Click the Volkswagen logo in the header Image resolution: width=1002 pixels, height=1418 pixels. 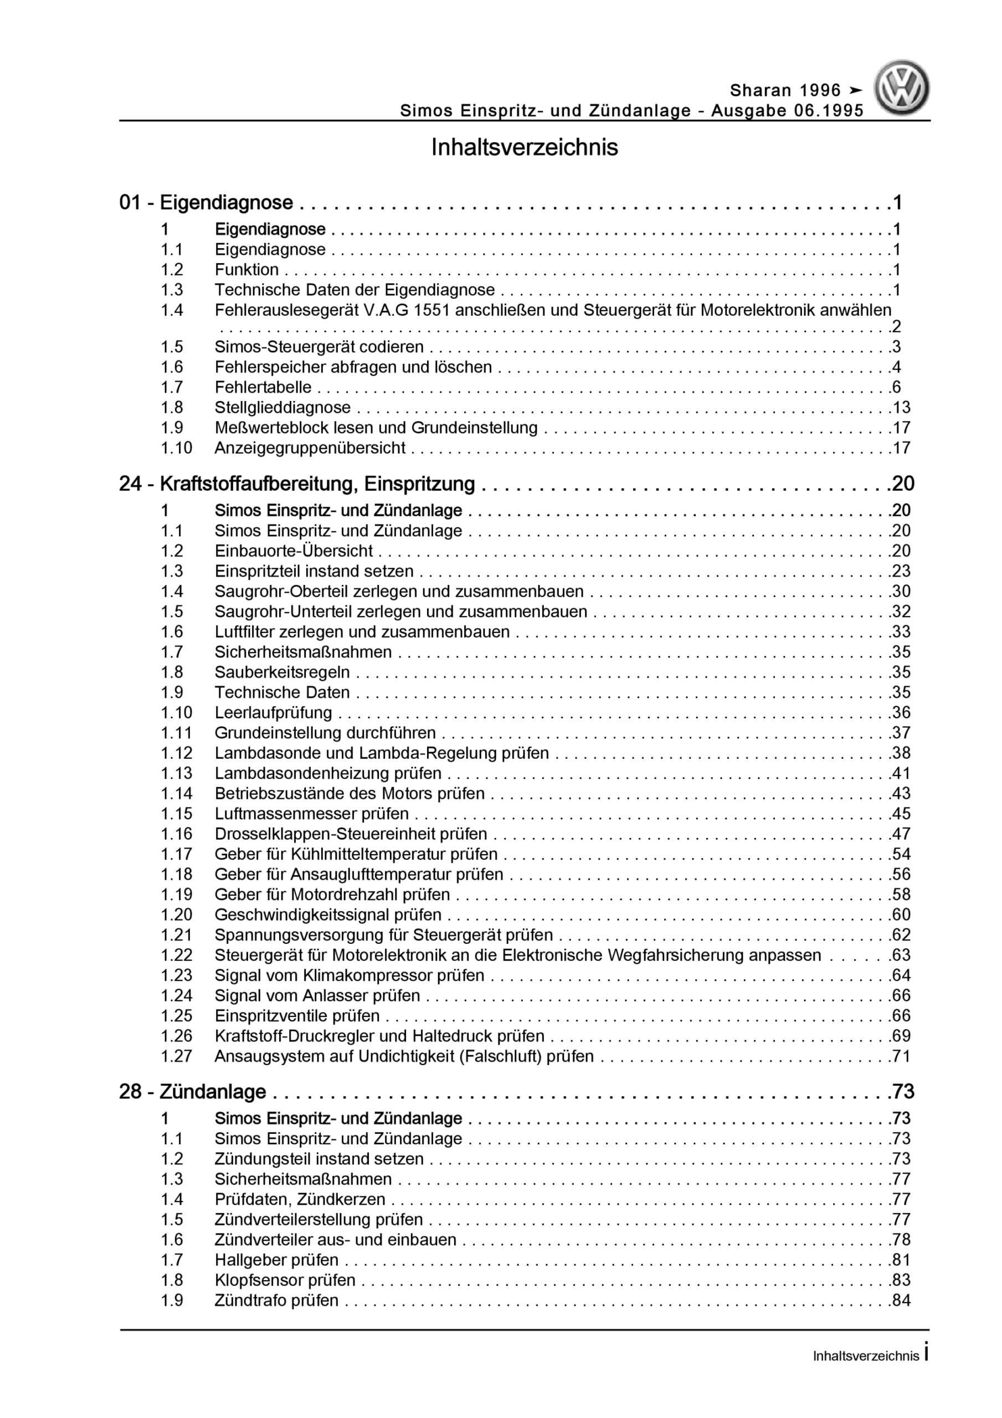coord(901,88)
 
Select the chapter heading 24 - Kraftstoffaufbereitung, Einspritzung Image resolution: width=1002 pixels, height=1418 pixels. coord(296,484)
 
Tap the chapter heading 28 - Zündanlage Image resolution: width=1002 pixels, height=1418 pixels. coord(192,1091)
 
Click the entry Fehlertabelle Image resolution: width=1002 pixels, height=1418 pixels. coord(263,387)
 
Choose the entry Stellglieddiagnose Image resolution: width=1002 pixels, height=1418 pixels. coord(282,408)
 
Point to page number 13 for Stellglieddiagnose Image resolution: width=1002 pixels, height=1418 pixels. coord(901,408)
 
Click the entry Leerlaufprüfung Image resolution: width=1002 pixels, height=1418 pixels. coord(273,712)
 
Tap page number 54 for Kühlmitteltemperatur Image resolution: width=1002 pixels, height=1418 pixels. coord(901,854)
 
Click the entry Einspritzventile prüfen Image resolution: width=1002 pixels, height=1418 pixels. coord(297,1015)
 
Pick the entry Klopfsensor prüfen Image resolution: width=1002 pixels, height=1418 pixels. coord(285,1280)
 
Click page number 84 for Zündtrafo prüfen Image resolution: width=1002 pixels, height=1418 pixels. coord(901,1300)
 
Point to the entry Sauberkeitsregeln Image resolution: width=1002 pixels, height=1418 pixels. coord(282,672)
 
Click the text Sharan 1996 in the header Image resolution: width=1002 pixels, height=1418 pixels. coord(785,91)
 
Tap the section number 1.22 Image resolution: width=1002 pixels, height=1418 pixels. coord(177,955)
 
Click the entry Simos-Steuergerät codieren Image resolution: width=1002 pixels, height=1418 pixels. coord(318,347)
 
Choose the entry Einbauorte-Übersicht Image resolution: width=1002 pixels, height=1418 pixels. coord(294,551)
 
